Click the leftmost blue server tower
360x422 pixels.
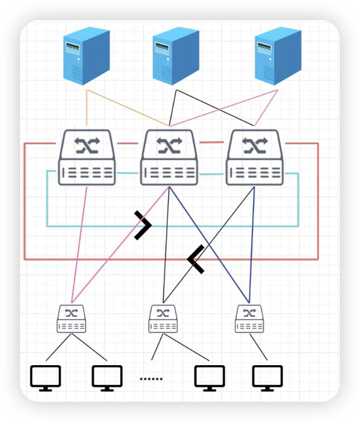point(86,57)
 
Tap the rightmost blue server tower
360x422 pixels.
point(277,57)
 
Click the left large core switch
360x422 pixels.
point(87,158)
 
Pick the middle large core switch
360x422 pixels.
point(169,158)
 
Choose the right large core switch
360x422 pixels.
point(254,158)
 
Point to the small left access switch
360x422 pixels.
point(71,319)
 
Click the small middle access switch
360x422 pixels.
point(163,319)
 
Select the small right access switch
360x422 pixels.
point(249,319)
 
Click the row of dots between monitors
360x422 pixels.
point(150,379)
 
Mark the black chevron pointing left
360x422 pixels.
point(195,259)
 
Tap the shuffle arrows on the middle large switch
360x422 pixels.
point(169,146)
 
